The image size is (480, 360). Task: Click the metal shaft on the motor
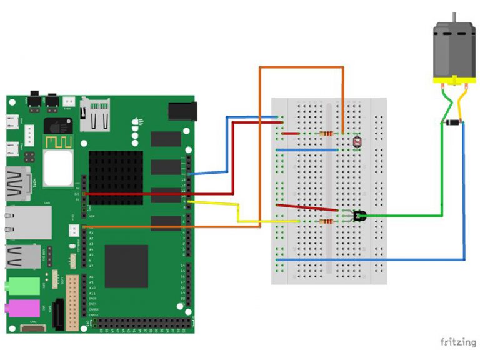point(454,17)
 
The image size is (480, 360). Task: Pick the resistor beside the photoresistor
point(325,133)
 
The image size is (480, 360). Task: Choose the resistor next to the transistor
point(325,221)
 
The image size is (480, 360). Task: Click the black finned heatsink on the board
point(116,177)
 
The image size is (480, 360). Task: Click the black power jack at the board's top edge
point(182,111)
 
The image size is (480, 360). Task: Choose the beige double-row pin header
point(72,302)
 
